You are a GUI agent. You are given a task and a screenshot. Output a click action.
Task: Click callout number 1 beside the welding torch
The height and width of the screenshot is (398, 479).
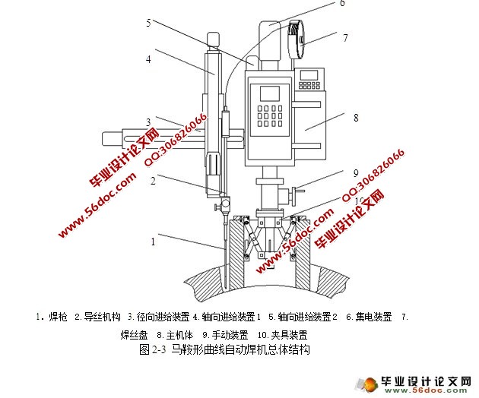(x=153, y=242)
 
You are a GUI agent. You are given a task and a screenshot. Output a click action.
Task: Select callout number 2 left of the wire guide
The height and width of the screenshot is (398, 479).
(x=153, y=182)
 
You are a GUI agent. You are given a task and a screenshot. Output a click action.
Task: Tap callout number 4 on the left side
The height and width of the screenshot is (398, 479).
(x=149, y=58)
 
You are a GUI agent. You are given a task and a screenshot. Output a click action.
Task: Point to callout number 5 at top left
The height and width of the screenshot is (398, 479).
(x=149, y=23)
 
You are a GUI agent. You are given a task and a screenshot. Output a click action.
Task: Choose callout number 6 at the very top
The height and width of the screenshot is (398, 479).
(x=342, y=4)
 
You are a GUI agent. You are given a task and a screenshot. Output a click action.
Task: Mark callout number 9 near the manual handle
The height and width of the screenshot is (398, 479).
(x=355, y=172)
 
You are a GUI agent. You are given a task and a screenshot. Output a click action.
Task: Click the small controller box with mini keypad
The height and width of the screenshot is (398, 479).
(x=309, y=77)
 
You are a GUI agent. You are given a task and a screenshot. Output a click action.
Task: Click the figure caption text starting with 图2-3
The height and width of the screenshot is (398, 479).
(x=225, y=350)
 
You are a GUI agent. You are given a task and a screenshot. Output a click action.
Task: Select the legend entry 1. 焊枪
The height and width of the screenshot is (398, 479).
(x=52, y=317)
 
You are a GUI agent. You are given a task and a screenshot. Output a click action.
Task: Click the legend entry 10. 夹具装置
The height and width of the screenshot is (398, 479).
(x=282, y=334)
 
